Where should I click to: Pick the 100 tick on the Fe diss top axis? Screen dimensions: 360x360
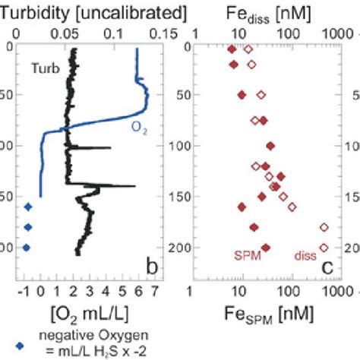(x=289, y=33)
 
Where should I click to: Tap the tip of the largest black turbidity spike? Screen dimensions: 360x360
(x=135, y=185)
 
